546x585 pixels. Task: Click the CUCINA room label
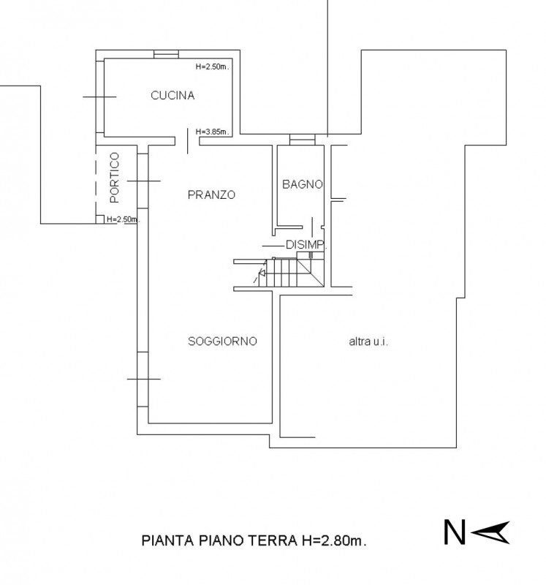(172, 95)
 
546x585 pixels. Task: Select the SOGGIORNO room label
(221, 341)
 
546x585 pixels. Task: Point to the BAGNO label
(302, 184)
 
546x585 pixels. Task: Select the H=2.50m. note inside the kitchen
(213, 67)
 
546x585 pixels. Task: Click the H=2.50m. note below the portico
(122, 219)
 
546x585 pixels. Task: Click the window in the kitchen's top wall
(166, 53)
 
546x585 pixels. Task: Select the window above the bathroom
(300, 138)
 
